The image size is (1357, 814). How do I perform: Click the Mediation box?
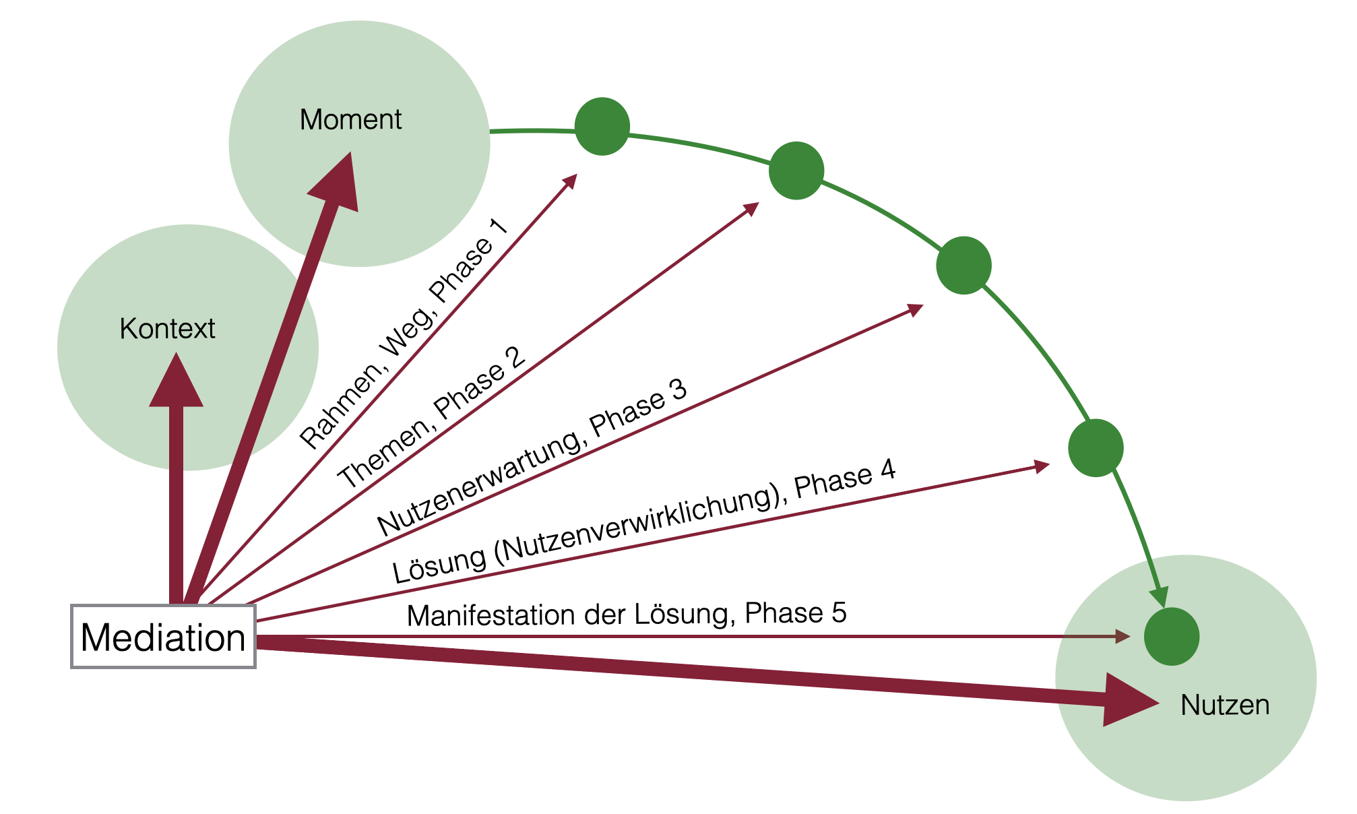(x=163, y=637)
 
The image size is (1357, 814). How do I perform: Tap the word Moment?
(x=350, y=120)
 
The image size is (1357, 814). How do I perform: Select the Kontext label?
(x=167, y=329)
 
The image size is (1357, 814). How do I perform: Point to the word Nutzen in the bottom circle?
(x=1225, y=705)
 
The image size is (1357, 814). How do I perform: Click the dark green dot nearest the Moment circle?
(x=602, y=127)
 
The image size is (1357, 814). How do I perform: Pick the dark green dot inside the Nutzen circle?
(x=1171, y=637)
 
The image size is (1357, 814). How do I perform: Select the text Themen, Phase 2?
(x=431, y=418)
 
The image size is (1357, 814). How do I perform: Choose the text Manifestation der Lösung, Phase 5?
(x=627, y=614)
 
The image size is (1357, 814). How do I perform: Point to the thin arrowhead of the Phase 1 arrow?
(x=571, y=181)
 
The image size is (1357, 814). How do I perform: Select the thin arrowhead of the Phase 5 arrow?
(x=1123, y=636)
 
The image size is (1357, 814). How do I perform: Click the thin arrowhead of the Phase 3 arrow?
(x=916, y=309)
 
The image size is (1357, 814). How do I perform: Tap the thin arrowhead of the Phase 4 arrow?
(x=1042, y=466)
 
